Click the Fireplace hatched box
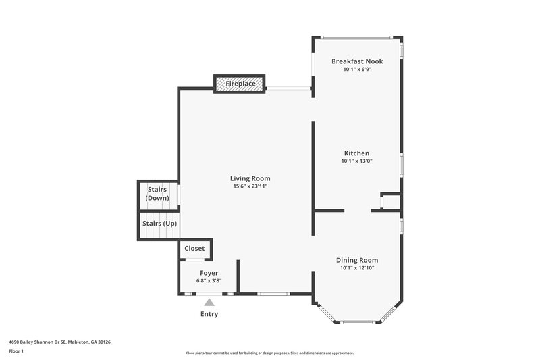coord(240,84)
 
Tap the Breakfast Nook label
coord(357,61)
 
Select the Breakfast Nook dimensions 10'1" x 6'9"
coord(357,70)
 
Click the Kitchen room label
coord(356,153)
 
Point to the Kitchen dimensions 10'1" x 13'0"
coord(356,161)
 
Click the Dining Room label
coord(357,260)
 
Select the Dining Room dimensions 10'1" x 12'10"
coord(357,268)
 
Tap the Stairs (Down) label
coord(157,194)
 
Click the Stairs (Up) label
coord(159,223)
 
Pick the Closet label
coord(194,248)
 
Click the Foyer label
coord(209,273)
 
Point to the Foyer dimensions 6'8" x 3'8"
coord(209,280)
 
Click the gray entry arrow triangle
coord(209,303)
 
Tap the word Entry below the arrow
coord(209,314)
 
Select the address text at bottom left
coord(59,342)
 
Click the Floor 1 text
coord(16,351)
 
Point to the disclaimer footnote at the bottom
coord(269,353)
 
